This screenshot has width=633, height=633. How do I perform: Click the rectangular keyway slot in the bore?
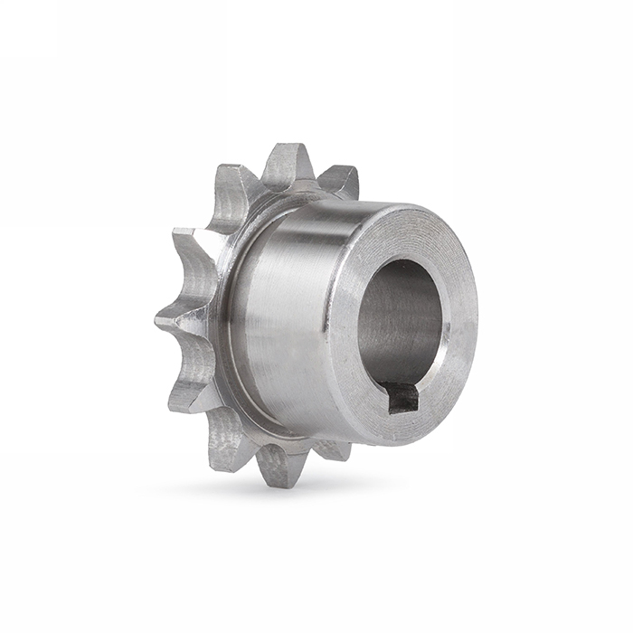402,396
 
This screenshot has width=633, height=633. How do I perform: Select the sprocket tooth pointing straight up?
288,165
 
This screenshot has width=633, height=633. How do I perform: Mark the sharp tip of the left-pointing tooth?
157,317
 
